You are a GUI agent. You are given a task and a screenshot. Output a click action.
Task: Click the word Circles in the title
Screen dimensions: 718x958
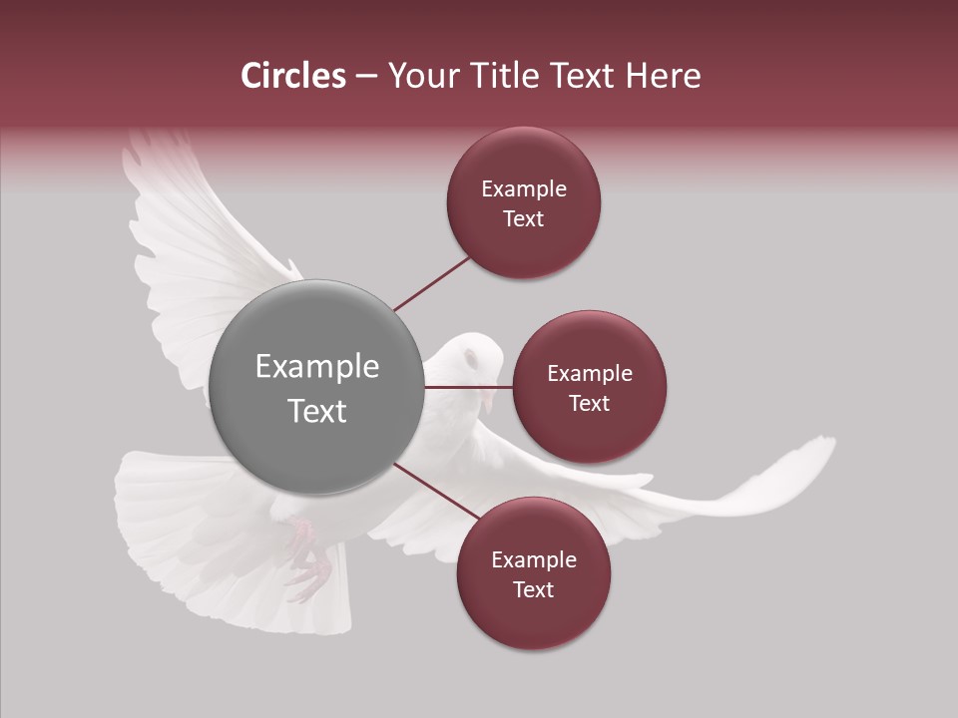pos(293,76)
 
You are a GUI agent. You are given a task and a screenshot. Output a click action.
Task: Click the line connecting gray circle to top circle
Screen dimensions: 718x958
pos(431,283)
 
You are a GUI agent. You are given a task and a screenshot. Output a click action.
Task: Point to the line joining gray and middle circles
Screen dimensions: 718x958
pos(468,387)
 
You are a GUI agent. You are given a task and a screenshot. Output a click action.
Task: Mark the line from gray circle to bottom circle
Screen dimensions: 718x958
pos(430,490)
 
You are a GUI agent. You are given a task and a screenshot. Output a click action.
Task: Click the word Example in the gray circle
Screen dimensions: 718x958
pos(317,367)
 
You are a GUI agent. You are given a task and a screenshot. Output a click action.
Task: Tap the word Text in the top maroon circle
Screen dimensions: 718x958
pos(523,218)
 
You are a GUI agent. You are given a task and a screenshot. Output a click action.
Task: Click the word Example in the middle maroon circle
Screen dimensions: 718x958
pos(590,374)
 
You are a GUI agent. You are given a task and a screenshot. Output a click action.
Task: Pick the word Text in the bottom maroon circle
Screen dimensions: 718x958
pos(533,589)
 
